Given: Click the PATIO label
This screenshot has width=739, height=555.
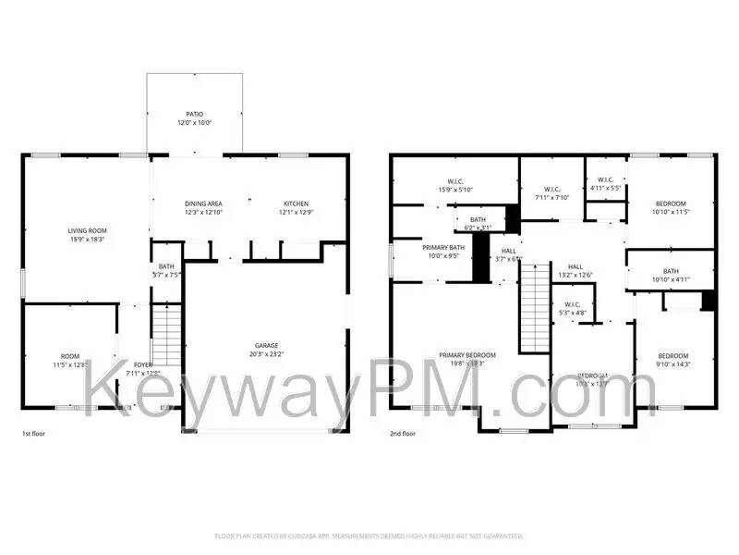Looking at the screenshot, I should coord(194,114).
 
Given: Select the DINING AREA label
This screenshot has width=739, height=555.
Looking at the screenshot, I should coord(203,203).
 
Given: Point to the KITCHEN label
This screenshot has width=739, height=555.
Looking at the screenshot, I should coord(296,203).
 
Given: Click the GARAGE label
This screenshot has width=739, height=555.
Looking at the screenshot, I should coord(267,345).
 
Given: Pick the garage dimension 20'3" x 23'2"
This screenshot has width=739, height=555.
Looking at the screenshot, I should coord(267,354).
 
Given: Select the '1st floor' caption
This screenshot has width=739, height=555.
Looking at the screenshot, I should coord(34,433).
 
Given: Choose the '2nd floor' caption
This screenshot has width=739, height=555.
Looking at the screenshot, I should coord(402,433).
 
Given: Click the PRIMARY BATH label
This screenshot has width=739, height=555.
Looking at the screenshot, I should coord(443,248).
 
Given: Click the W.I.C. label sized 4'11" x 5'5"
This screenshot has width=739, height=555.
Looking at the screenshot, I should coord(605,179).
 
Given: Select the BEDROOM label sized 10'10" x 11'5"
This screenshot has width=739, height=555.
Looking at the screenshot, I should coord(671,203).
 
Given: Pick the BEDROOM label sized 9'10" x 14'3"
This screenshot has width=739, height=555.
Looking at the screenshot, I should coord(672,356).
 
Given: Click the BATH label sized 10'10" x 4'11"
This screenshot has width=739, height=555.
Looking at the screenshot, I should coord(670,270).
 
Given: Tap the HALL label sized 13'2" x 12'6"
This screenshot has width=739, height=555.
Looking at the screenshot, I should coord(575,265).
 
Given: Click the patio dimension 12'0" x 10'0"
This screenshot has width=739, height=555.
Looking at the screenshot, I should coord(194,123).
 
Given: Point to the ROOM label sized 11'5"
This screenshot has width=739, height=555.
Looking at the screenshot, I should coord(70,356).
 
